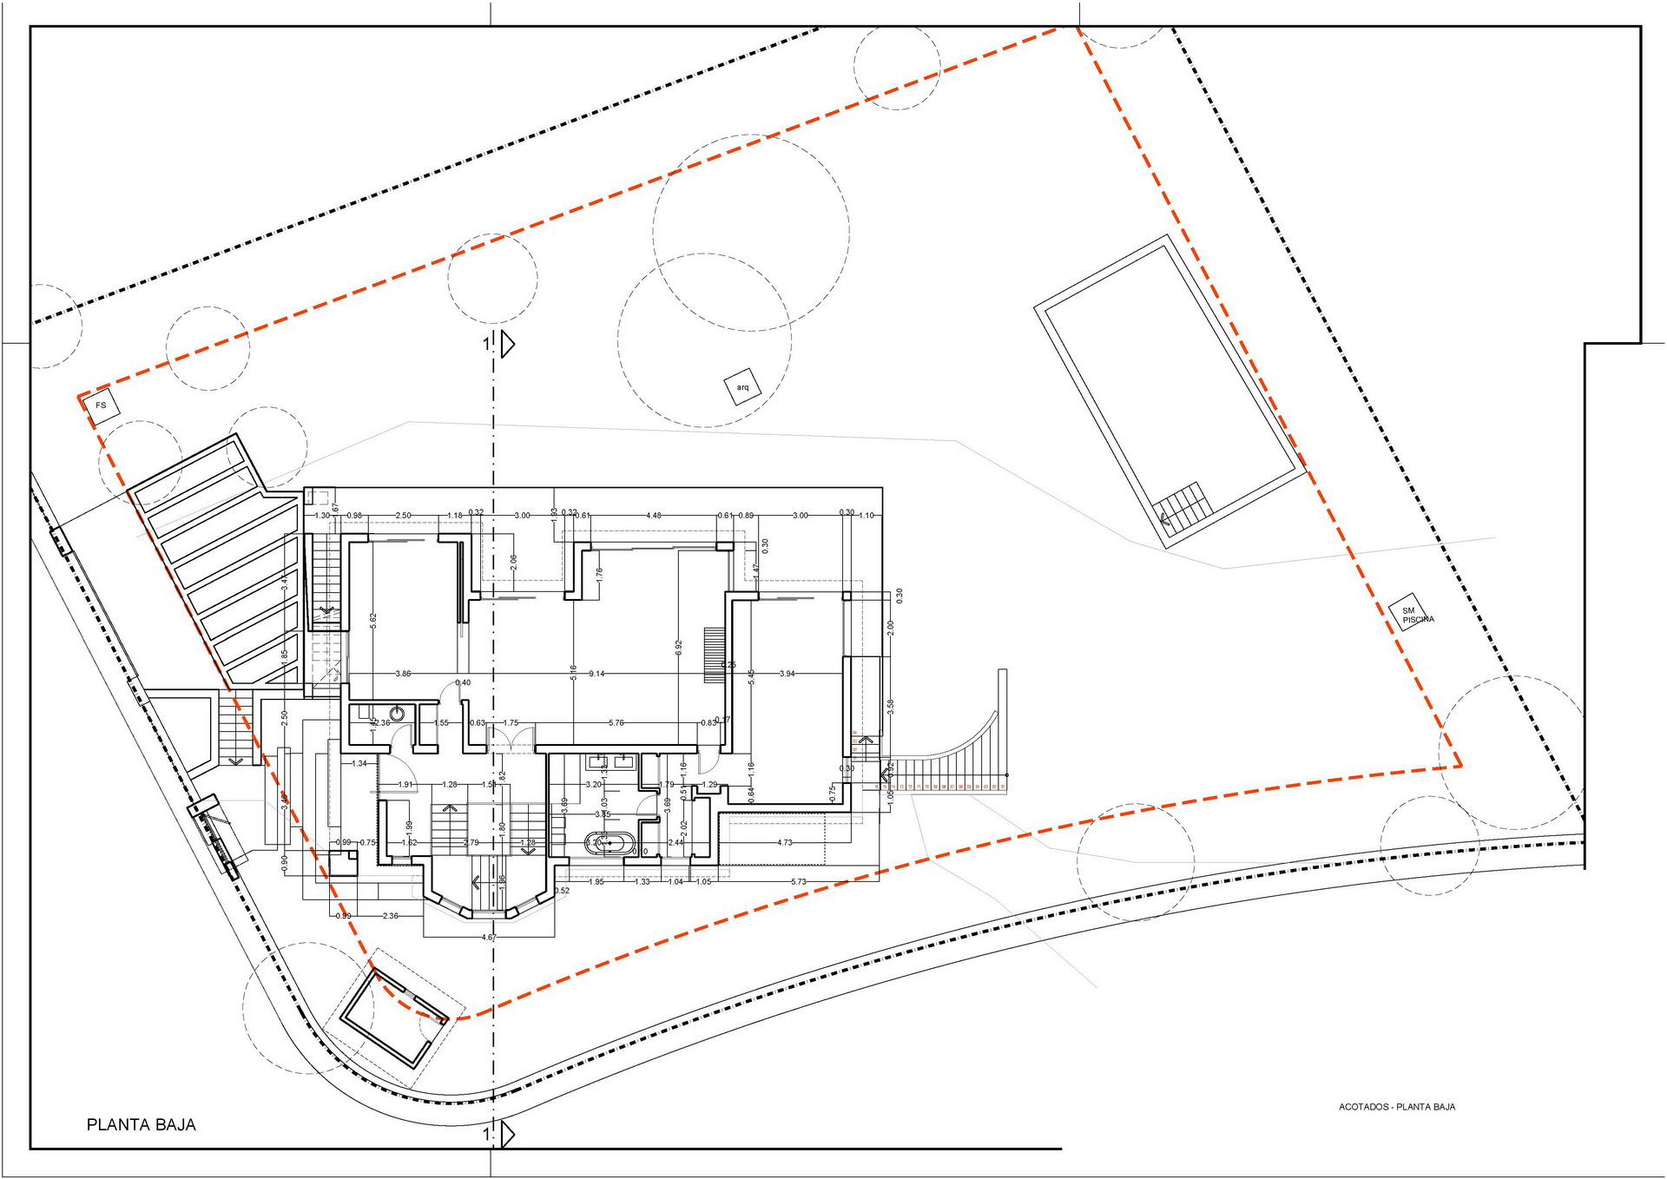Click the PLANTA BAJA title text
(x=142, y=1125)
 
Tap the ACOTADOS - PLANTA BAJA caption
(x=1396, y=1107)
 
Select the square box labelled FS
(x=102, y=405)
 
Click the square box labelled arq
(x=742, y=387)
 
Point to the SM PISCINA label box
(x=1413, y=613)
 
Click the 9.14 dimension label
(x=596, y=674)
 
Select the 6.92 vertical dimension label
(x=679, y=648)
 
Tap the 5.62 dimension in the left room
(x=373, y=622)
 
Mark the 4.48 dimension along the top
(x=654, y=516)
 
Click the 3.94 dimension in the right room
(x=787, y=674)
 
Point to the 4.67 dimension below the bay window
(x=489, y=938)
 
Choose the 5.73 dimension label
(x=799, y=882)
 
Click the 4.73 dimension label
(x=785, y=842)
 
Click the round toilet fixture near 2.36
(x=398, y=714)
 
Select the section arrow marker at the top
(x=506, y=344)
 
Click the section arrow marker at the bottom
(x=506, y=1134)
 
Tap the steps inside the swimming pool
(x=1182, y=505)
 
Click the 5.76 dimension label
(x=616, y=722)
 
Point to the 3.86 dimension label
(x=403, y=674)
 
